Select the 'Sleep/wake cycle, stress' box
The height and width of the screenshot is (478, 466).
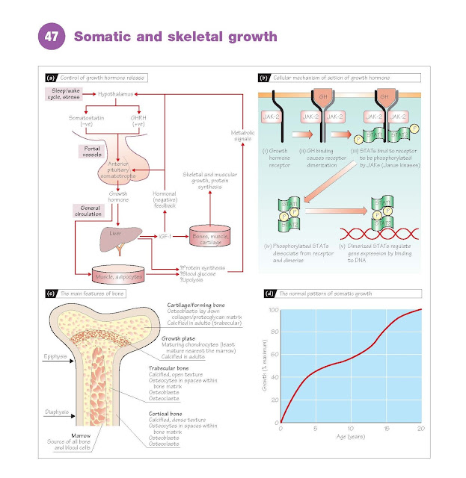(x=64, y=95)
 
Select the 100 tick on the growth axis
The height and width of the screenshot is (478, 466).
(x=273, y=309)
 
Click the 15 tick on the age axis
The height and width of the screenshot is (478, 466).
(x=386, y=428)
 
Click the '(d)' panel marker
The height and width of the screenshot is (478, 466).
(x=263, y=294)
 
